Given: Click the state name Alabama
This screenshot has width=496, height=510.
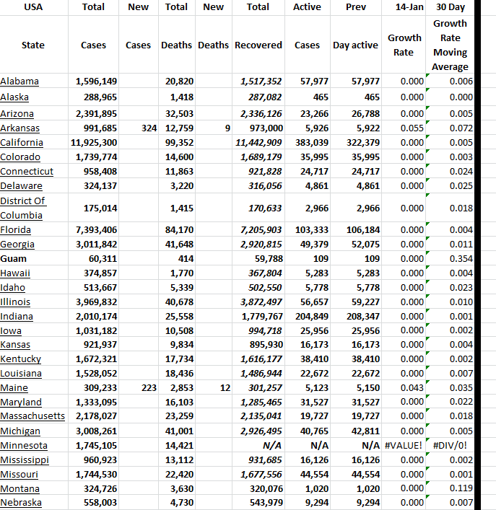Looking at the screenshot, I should click(19, 82).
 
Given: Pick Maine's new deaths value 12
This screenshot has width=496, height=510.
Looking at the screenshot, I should click(224, 388).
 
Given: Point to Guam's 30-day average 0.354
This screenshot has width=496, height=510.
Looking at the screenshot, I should click(461, 258).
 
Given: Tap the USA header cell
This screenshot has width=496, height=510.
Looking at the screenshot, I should click(32, 7).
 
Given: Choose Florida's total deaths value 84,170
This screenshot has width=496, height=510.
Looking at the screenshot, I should click(179, 230).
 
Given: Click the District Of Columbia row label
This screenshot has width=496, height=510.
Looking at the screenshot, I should click(23, 208).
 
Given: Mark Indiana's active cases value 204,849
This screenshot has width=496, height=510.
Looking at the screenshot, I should click(311, 316).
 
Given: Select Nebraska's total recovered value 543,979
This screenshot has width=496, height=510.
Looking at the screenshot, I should click(263, 503).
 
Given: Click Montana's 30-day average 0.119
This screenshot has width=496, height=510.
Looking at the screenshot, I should click(461, 488).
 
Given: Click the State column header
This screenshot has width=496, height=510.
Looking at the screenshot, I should click(32, 45).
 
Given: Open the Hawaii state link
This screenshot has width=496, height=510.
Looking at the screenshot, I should click(15, 273).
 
